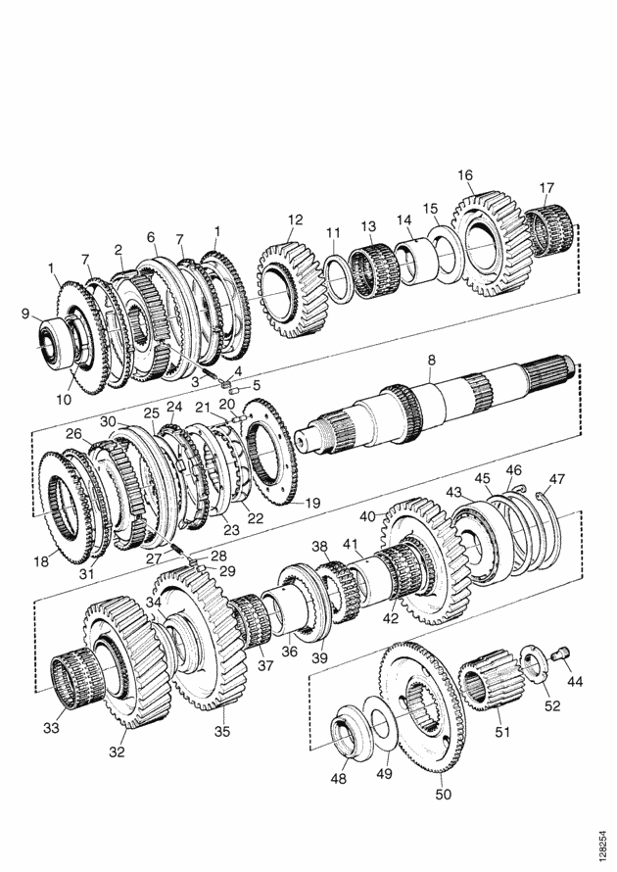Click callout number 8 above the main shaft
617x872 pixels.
[x=431, y=360]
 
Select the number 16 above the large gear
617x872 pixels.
[x=465, y=175]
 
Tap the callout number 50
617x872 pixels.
[x=443, y=795]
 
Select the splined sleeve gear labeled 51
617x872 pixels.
[x=491, y=679]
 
